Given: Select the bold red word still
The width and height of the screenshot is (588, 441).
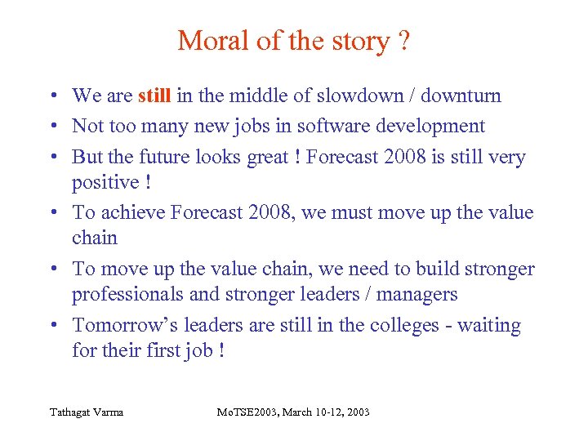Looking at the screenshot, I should point(154,96).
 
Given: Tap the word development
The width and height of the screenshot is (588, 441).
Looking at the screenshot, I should point(429,126).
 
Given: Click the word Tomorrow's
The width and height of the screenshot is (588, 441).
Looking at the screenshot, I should point(125,325).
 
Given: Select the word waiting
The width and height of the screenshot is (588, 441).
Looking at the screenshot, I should point(489,325).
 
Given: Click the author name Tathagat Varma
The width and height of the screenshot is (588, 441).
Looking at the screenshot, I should point(85,412).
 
